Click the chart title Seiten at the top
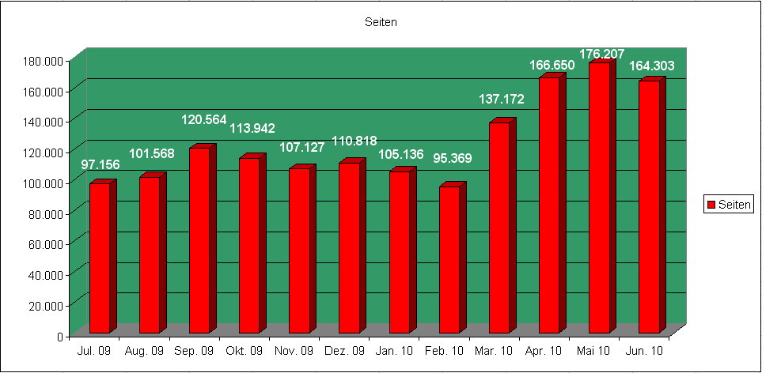click(x=381, y=22)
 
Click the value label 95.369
click(x=453, y=159)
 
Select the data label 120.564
click(x=203, y=119)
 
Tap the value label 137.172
click(x=502, y=100)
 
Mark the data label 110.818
click(x=354, y=141)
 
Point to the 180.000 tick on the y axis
click(x=43, y=61)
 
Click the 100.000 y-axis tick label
click(x=43, y=183)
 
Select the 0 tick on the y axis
click(x=60, y=336)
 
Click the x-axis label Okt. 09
click(x=245, y=351)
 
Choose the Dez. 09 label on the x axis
click(x=344, y=351)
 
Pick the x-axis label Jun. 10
click(x=644, y=351)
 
